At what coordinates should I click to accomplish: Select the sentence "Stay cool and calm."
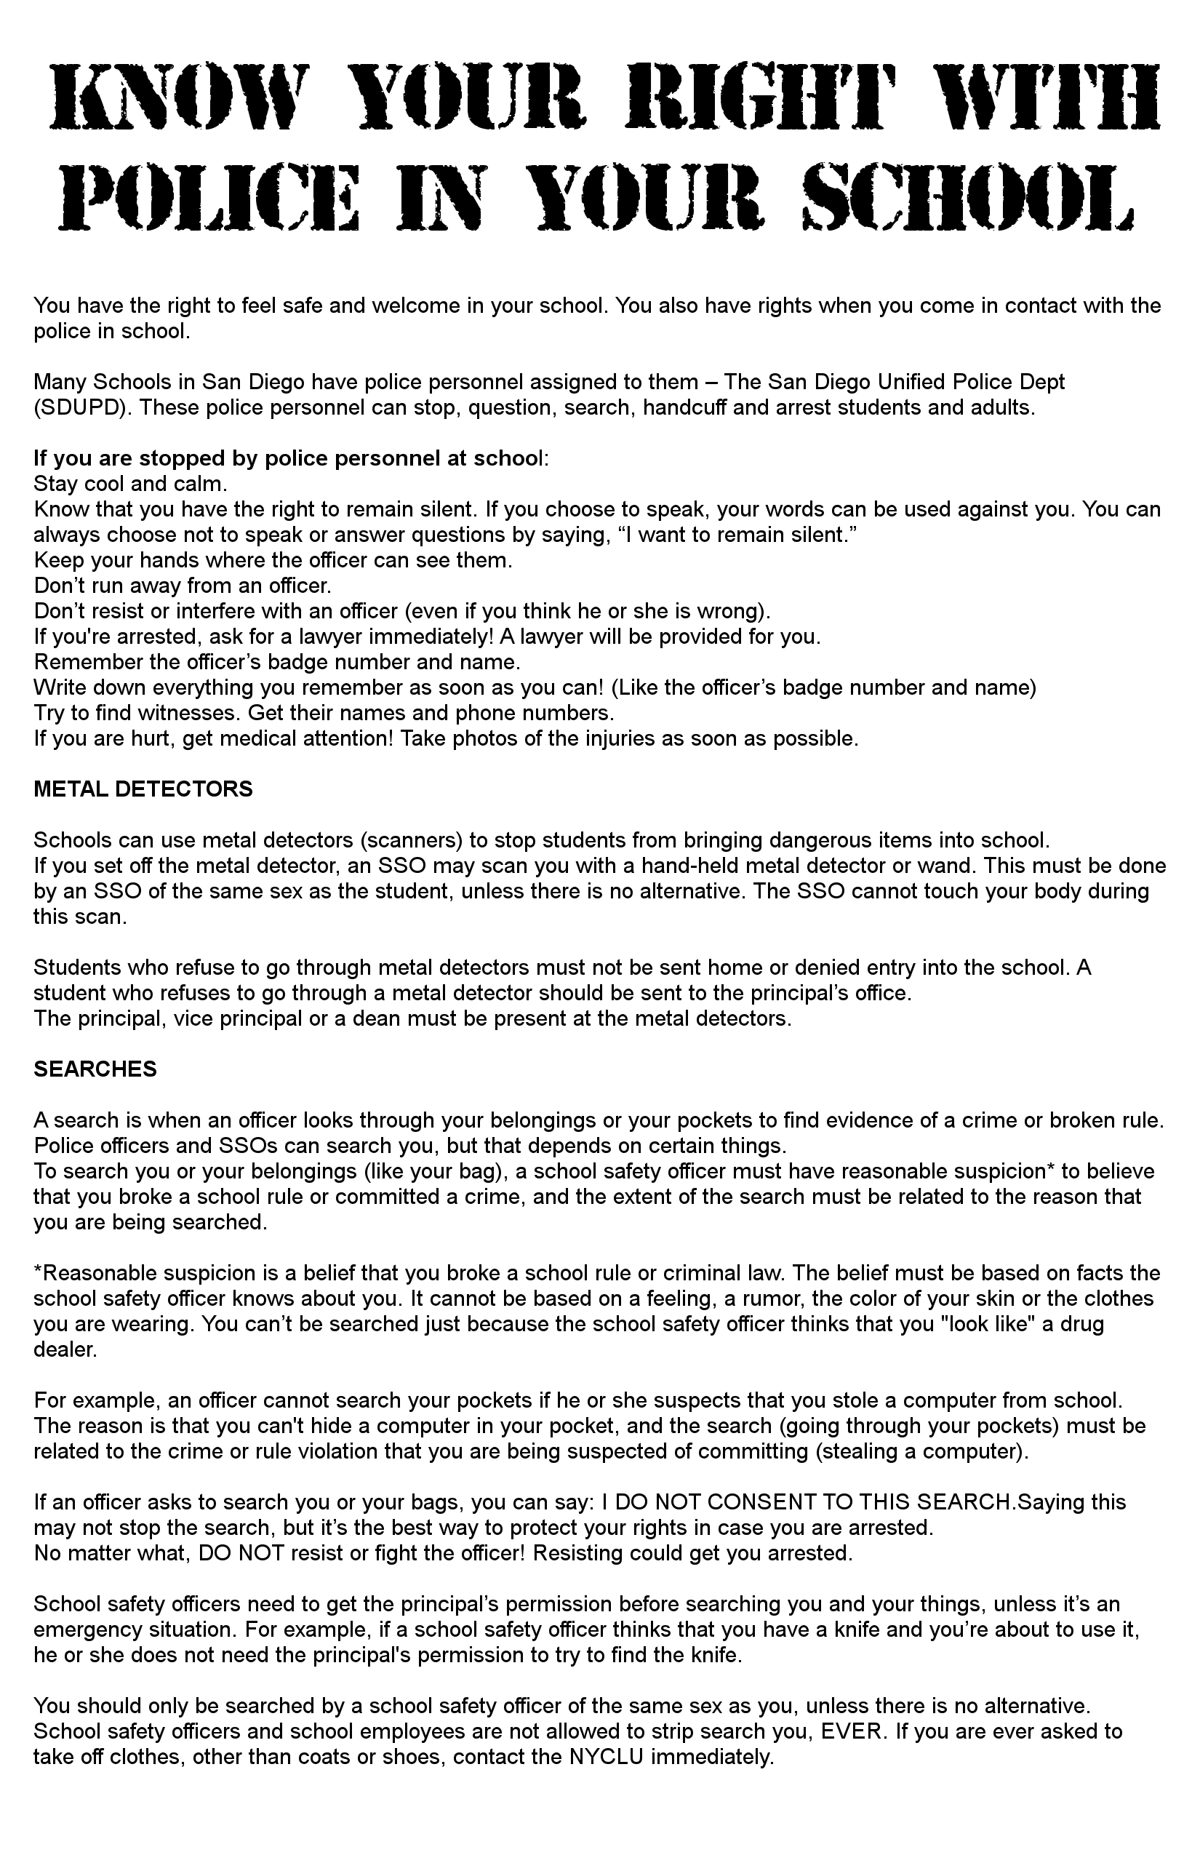(130, 484)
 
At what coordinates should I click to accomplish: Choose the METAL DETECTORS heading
(143, 789)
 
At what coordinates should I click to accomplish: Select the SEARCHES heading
(95, 1069)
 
